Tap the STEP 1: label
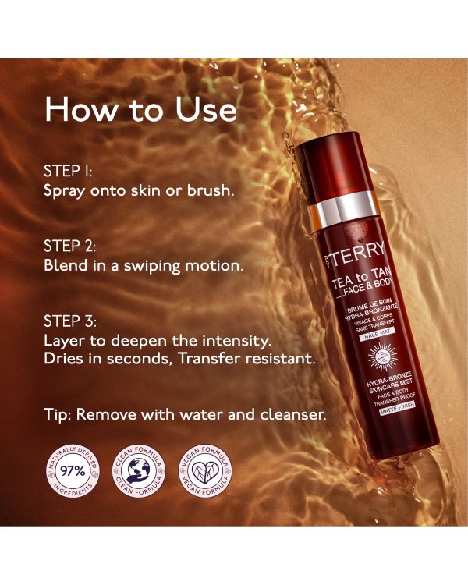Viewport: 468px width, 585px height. point(69,170)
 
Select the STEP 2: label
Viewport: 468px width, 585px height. point(70,246)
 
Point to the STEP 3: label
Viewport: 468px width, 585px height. point(70,321)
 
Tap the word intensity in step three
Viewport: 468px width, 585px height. point(237,341)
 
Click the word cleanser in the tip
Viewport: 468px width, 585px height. point(294,415)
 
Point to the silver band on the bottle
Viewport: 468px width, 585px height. point(337,211)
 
